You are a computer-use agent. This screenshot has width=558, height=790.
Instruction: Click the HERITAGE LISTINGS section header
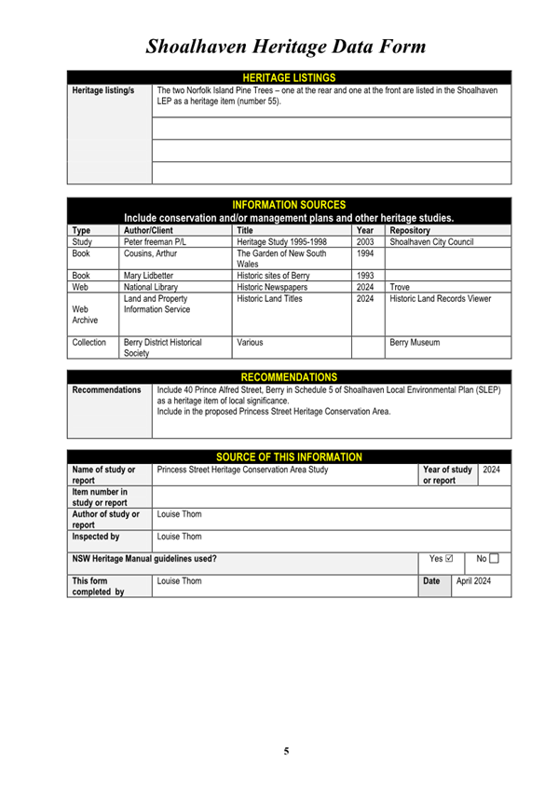[x=288, y=77]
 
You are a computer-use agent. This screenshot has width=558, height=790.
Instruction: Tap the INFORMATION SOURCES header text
[x=288, y=204]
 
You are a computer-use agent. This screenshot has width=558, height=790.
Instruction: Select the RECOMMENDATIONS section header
[x=289, y=376]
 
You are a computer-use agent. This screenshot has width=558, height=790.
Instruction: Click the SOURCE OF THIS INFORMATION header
[x=289, y=456]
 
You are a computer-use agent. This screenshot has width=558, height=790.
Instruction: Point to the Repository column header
[x=410, y=229]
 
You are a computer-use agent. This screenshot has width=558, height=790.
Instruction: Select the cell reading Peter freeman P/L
[x=156, y=240]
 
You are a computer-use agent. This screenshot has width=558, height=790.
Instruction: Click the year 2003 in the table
[x=365, y=240]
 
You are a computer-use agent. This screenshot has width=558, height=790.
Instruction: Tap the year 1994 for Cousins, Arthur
[x=365, y=253]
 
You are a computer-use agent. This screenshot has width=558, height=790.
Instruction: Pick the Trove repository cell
[x=400, y=289]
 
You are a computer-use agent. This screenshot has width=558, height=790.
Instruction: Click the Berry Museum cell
[x=415, y=343]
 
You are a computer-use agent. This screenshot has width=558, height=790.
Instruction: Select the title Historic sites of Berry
[x=273, y=276]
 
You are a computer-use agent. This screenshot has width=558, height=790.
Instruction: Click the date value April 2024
[x=473, y=580]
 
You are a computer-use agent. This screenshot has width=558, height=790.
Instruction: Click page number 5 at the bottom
[x=287, y=750]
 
